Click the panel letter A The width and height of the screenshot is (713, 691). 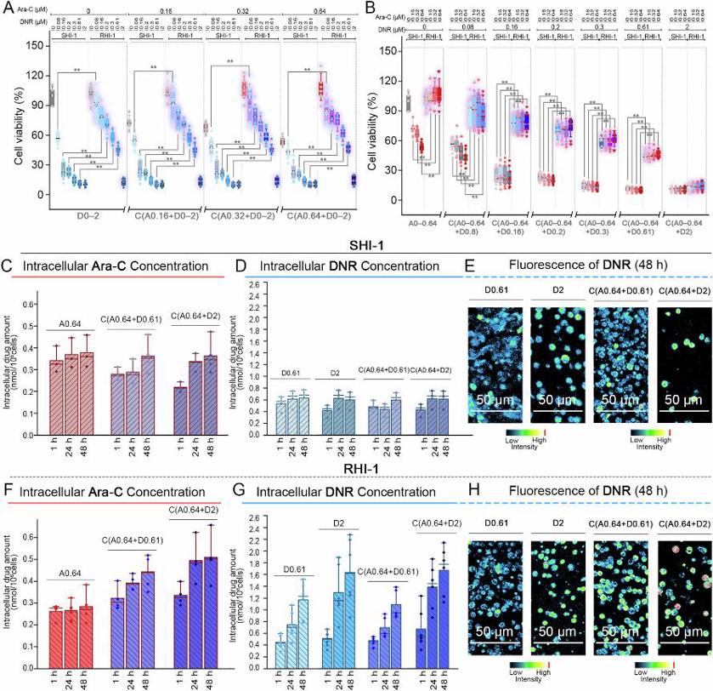click(7, 8)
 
